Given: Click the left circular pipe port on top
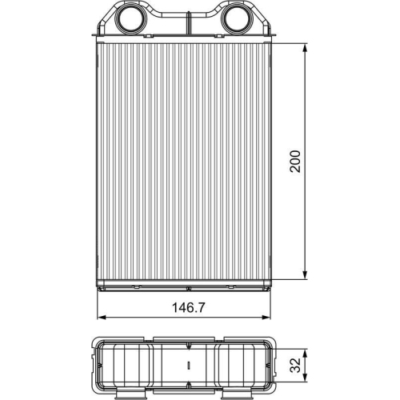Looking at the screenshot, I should (x=129, y=19).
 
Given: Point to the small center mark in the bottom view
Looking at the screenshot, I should (x=187, y=366).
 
